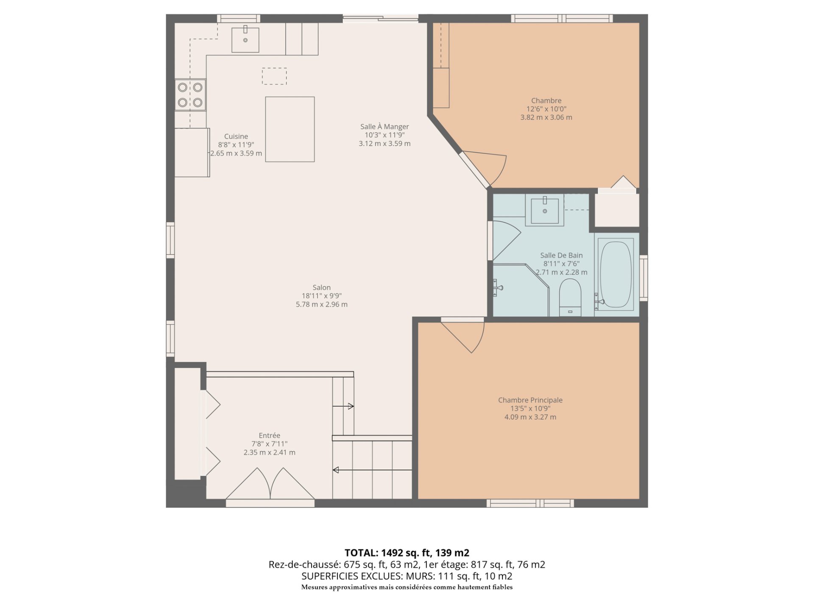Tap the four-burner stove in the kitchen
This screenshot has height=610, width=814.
190,95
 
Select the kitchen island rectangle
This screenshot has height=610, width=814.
290,129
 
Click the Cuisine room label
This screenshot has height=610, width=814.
236,136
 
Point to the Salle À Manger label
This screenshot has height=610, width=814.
385,127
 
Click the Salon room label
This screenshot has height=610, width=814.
321,288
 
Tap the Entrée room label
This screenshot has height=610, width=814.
269,435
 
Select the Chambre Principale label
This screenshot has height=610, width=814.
530,400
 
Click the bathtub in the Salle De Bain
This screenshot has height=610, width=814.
616,274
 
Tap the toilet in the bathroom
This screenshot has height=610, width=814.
570,297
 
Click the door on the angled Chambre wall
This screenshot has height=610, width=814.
483,167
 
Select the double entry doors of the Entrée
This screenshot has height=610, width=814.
270,485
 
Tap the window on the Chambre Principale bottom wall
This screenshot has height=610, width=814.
530,503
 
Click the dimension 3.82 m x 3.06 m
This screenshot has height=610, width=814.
546,117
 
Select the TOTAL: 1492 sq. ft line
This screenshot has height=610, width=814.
407,553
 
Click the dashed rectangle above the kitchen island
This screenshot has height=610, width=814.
274,76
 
